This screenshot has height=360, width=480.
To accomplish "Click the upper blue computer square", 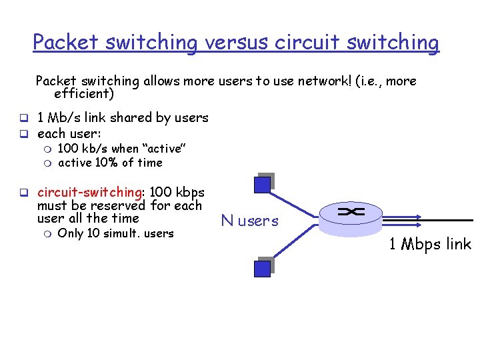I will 263,184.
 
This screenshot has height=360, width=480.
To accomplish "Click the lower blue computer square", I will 263,267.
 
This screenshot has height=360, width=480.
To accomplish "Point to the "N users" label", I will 250,221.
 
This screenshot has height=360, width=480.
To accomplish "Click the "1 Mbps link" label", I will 430,244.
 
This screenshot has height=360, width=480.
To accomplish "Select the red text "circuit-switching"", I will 89,193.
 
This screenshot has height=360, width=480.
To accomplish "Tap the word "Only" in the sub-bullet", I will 71,233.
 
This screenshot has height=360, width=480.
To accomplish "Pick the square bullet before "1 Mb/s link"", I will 22,119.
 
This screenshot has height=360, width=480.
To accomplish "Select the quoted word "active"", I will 164,149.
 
